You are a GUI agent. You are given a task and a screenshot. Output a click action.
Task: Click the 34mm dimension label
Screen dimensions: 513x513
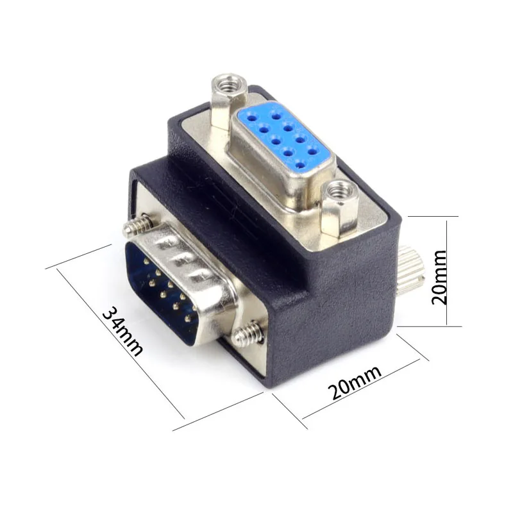tap(122, 331)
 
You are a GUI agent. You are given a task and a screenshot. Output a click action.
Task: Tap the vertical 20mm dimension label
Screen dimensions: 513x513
tap(439, 278)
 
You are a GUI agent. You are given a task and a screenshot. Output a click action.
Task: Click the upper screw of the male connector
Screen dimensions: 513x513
tap(138, 226)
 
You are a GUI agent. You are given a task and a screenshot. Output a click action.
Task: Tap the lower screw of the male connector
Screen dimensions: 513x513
tap(249, 333)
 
